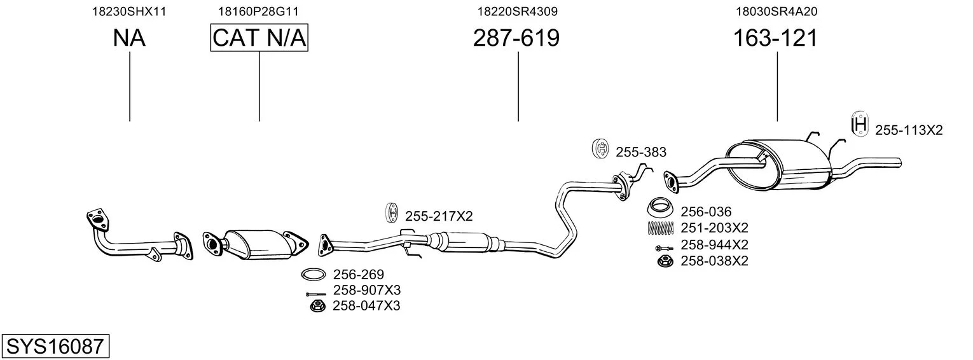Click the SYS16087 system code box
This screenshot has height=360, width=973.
point(55,347)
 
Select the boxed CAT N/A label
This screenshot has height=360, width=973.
point(259,38)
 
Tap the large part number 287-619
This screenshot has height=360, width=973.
point(516,38)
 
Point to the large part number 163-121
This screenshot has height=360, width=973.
point(775,38)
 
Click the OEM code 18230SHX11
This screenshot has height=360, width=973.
point(129,11)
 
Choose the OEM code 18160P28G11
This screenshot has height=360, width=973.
point(258,11)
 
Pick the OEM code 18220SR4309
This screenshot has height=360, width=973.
point(518,11)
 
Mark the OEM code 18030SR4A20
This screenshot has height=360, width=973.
point(776,11)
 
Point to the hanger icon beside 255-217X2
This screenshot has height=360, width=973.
point(392,213)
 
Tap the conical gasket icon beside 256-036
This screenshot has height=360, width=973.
point(661,209)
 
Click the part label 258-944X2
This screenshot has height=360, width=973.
point(714,245)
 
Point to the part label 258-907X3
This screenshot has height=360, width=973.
point(366,291)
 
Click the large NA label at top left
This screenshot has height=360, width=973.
point(129,38)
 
